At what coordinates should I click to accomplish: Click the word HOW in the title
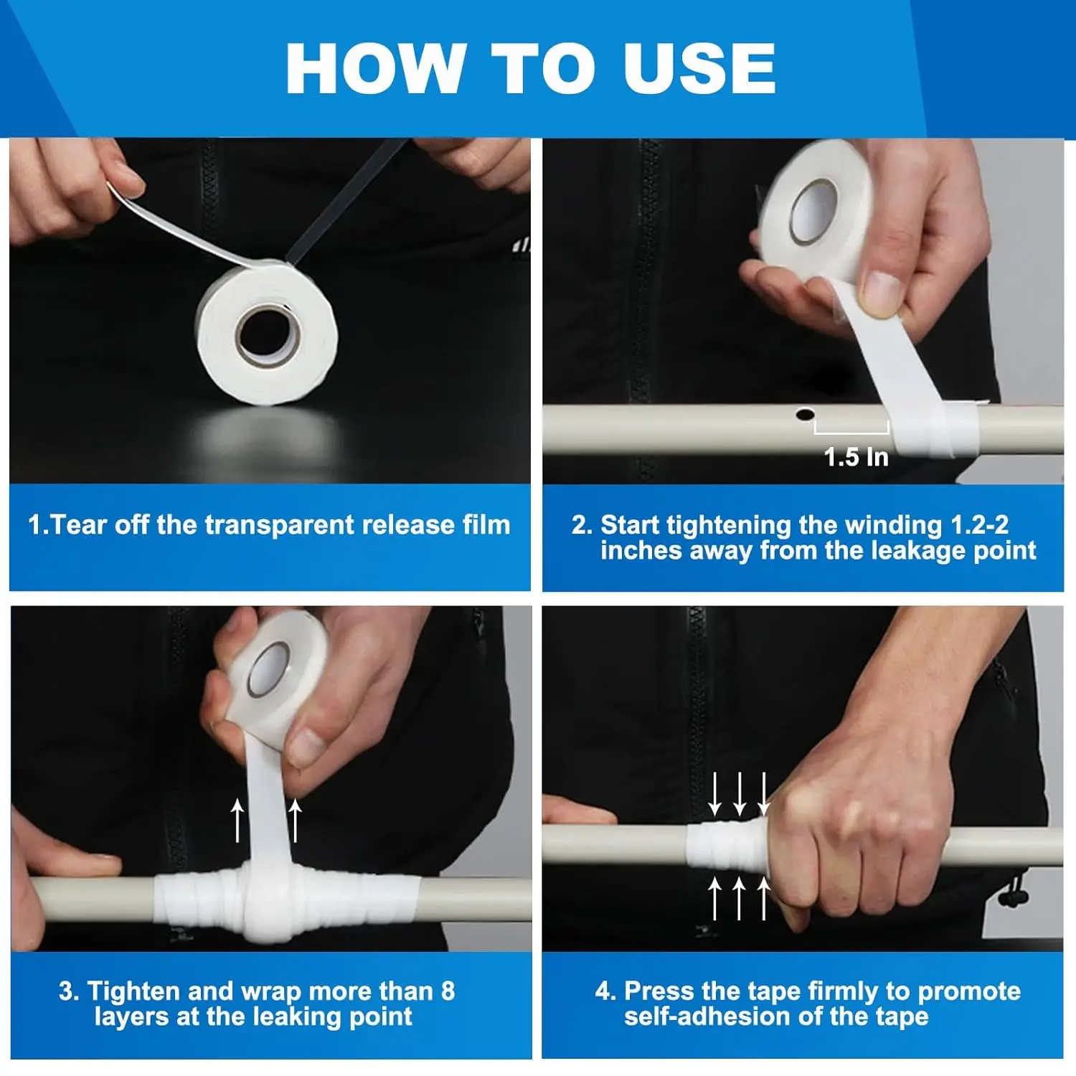click(x=377, y=68)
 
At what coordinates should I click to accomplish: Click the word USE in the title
click(x=699, y=68)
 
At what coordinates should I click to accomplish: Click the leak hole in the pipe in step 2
click(x=805, y=414)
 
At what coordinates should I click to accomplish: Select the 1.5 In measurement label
click(x=856, y=457)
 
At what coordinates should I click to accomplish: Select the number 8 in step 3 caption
click(x=448, y=991)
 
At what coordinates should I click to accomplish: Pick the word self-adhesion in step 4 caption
click(x=721, y=1016)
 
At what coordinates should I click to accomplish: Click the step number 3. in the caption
click(x=69, y=991)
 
